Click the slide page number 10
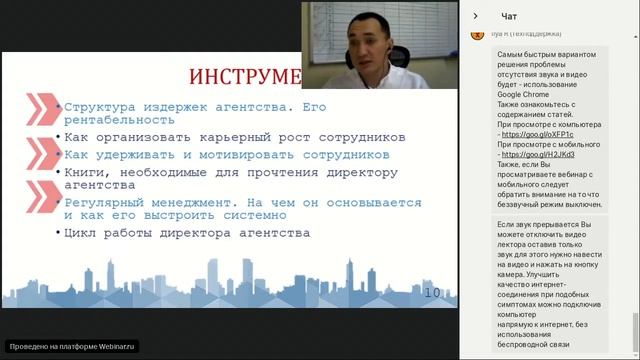(x=433, y=293)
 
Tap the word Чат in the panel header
(x=509, y=16)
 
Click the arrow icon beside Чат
(x=475, y=16)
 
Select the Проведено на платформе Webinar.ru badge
(x=71, y=346)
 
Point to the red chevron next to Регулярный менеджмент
(x=40, y=206)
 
